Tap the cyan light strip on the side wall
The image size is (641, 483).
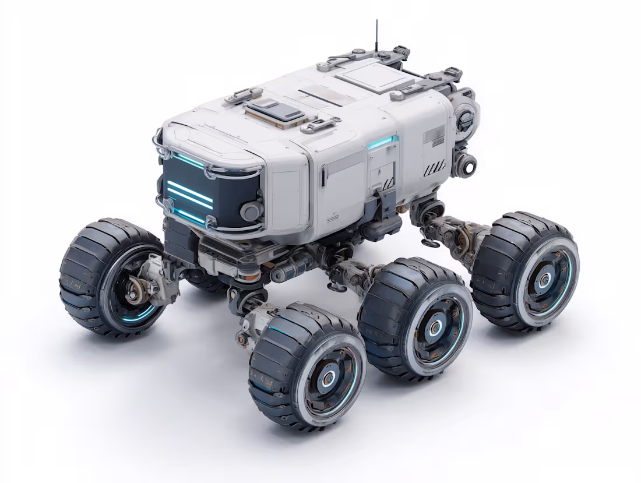[x=383, y=142]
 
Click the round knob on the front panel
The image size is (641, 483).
[x=251, y=210]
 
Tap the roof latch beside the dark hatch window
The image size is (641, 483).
[x=321, y=123]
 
